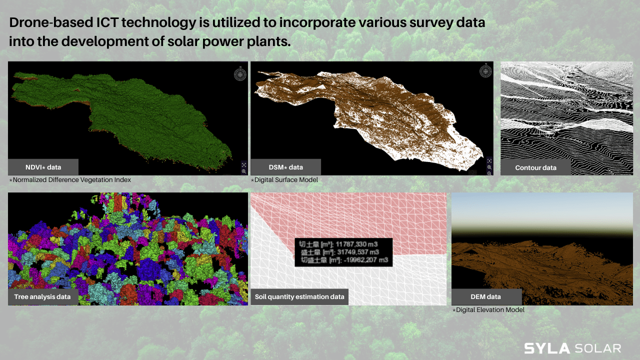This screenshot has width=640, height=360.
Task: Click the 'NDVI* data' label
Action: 43,167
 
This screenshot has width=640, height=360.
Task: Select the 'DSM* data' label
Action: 285,167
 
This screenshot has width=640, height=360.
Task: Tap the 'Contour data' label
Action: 535,167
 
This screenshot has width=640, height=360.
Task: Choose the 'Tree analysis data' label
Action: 42,296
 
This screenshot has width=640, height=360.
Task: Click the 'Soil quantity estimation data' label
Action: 299,296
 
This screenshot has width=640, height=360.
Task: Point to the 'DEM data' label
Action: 485,296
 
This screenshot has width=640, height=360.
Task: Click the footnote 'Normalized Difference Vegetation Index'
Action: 71,179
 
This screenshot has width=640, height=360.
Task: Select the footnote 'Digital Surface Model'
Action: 286,179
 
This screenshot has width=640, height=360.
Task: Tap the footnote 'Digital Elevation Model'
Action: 490,309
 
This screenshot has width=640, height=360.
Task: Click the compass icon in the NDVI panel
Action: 240,74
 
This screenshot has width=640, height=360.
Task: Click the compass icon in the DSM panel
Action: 485,71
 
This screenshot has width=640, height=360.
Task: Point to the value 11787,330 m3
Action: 356,244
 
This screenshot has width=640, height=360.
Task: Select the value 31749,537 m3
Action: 358,252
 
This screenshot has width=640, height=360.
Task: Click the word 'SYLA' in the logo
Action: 547,348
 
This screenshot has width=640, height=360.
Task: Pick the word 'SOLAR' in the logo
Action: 598,348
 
